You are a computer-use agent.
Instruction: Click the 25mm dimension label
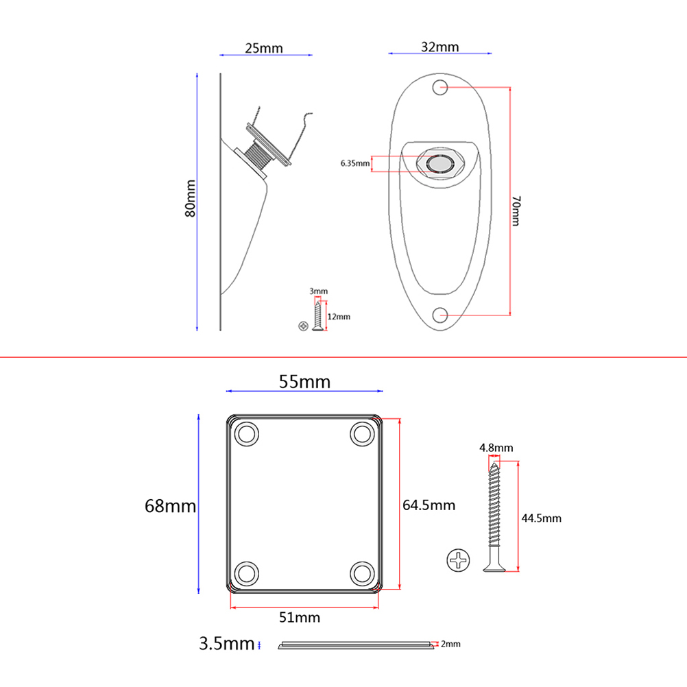pos(263,49)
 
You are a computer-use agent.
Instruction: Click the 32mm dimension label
pos(439,47)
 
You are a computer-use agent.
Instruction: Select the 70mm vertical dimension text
pos(516,210)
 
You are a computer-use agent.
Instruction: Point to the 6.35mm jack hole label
pos(355,163)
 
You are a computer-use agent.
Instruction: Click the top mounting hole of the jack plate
pos(440,88)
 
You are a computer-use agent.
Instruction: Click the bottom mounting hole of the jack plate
pos(441,315)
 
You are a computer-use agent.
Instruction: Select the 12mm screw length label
pos(339,317)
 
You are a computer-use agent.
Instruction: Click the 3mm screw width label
pos(318,291)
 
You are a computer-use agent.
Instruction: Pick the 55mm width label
pos(304,382)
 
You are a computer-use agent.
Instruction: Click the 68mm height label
pos(170,507)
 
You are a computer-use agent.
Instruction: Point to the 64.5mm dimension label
pos(429,505)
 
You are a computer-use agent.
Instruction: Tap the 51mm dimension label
pos(299,617)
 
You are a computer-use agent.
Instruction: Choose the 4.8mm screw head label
pos(496,448)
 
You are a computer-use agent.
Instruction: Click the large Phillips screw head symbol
pos(458,561)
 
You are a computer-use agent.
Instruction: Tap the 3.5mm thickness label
pos(226,644)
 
